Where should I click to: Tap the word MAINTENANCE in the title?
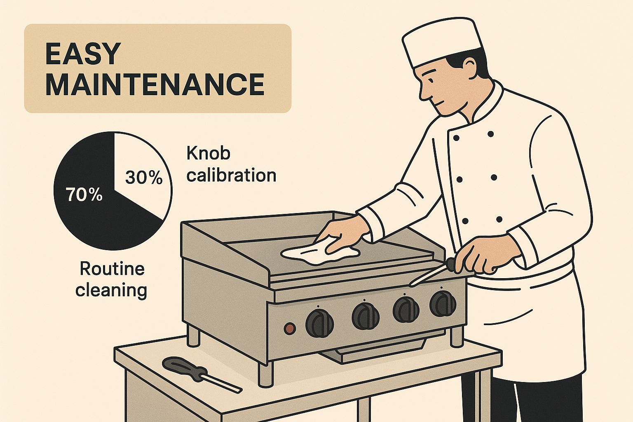pyautogui.click(x=155, y=84)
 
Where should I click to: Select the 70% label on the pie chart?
pyautogui.click(x=84, y=195)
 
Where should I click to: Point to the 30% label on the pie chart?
pyautogui.click(x=144, y=178)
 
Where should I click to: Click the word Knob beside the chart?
pyautogui.click(x=208, y=153)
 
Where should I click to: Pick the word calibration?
pyautogui.click(x=231, y=175)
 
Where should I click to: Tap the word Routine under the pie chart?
pyautogui.click(x=112, y=269)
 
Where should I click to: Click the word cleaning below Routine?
pyautogui.click(x=111, y=290)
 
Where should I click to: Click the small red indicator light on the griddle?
pyautogui.click(x=290, y=328)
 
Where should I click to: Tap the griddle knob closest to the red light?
pyautogui.click(x=320, y=323)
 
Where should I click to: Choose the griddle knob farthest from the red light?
pyautogui.click(x=443, y=303)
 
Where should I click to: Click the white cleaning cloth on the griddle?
pyautogui.click(x=319, y=253)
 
